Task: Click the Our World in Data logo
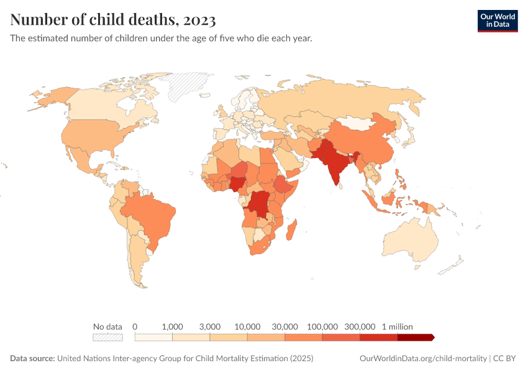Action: pyautogui.click(x=497, y=21)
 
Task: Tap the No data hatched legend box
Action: pyautogui.click(x=107, y=338)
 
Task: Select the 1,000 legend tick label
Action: pyautogui.click(x=172, y=326)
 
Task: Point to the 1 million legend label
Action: pyautogui.click(x=397, y=326)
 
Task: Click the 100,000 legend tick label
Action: pyautogui.click(x=322, y=326)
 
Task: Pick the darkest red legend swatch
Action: pyautogui.click(x=415, y=338)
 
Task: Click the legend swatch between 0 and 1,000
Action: pyautogui.click(x=153, y=338)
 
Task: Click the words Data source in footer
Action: pyautogui.click(x=32, y=359)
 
